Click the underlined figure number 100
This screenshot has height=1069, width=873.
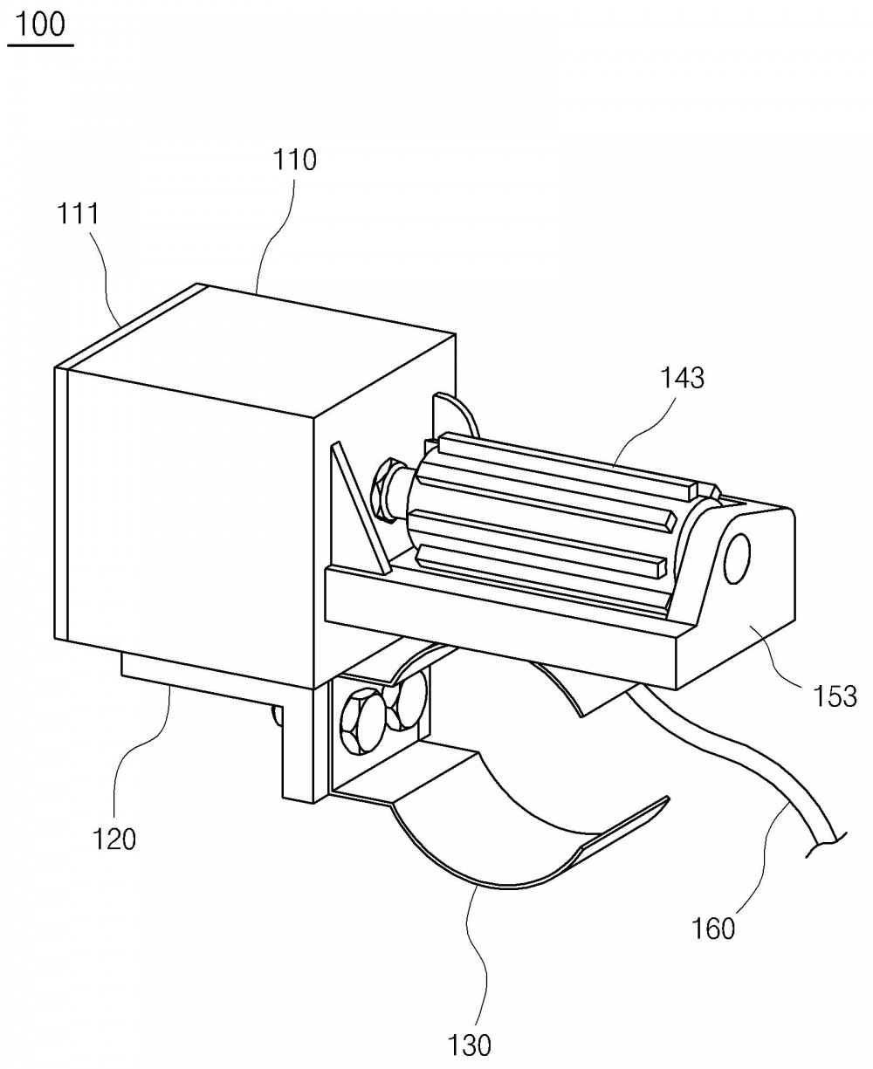(x=40, y=25)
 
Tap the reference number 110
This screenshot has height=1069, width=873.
(x=295, y=161)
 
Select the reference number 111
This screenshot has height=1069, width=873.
(x=78, y=214)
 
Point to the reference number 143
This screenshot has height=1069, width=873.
(x=683, y=378)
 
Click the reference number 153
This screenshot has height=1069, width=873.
(x=835, y=696)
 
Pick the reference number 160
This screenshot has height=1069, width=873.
(x=713, y=929)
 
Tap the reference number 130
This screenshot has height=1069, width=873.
(x=470, y=1045)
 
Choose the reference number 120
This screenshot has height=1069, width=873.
(x=114, y=839)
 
